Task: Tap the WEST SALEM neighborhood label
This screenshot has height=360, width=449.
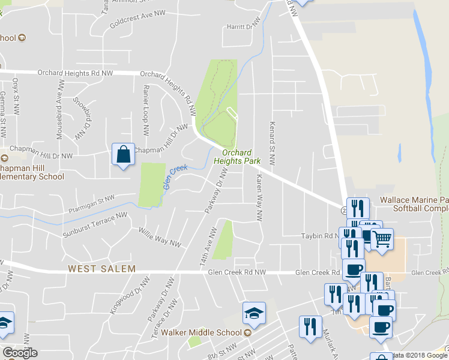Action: pos(101,269)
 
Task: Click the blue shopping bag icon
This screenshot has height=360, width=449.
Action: pos(123,154)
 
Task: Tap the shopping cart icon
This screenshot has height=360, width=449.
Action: pos(381,239)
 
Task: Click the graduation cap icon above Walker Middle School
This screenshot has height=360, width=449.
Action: pos(254,313)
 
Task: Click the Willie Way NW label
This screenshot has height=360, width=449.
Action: pos(160,236)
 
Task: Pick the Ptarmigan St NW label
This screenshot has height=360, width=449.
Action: pos(91,199)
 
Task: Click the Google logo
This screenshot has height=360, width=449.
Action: pos(20,353)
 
